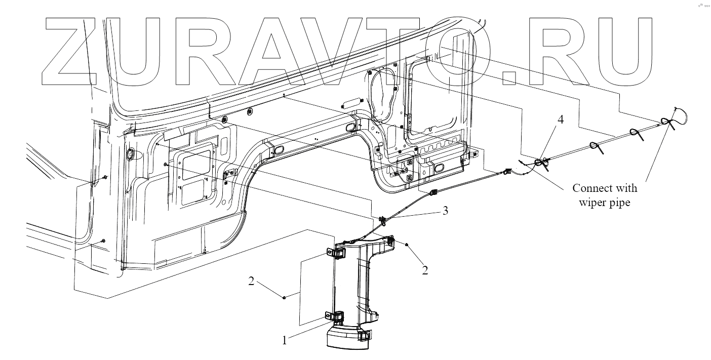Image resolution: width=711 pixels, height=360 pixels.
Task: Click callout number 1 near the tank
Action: pyautogui.click(x=285, y=340)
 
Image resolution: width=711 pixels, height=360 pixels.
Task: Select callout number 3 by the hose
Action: pyautogui.click(x=445, y=211)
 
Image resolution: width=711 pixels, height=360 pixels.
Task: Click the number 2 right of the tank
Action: pyautogui.click(x=425, y=270)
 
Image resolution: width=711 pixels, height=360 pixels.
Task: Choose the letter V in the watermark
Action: pyautogui.click(x=360, y=53)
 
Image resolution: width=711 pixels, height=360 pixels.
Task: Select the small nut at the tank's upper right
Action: pyautogui.click(x=408, y=244)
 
